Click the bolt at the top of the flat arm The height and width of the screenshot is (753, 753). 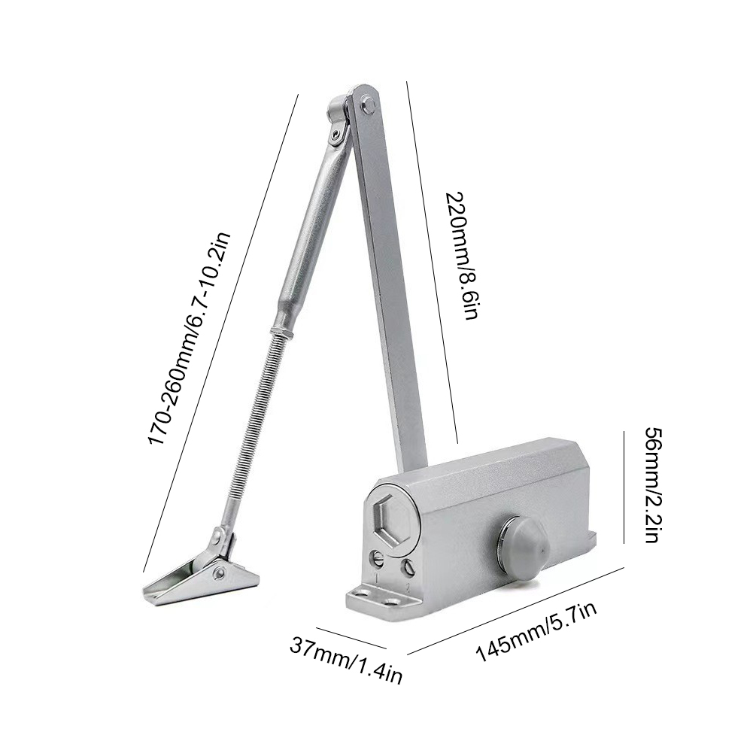(368, 106)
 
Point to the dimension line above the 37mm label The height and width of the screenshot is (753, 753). (350, 637)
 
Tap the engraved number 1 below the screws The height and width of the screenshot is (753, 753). (374, 580)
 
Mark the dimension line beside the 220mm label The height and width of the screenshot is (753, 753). (433, 263)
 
